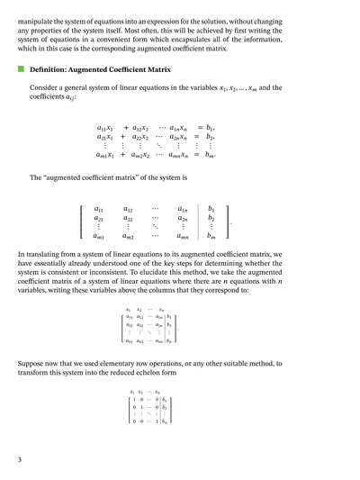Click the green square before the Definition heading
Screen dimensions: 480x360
(x=21, y=68)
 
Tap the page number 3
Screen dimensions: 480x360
(x=20, y=459)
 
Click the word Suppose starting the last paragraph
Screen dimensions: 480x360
(x=33, y=363)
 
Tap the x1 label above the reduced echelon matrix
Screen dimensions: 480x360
(x=132, y=392)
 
